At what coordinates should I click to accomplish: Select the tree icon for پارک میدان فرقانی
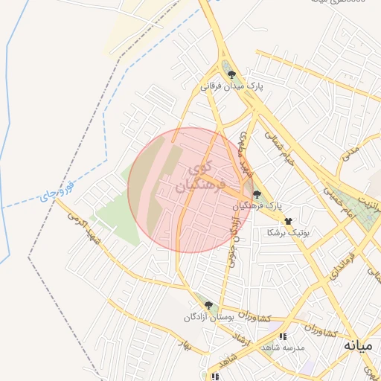coord(231,75)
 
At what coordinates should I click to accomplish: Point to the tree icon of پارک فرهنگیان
coord(257,194)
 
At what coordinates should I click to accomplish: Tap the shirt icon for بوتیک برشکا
coord(288,222)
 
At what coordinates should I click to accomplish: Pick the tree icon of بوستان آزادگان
coord(208,306)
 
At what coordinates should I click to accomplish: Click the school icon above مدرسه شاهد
coord(281,337)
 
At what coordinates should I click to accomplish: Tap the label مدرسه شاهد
coord(279,348)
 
